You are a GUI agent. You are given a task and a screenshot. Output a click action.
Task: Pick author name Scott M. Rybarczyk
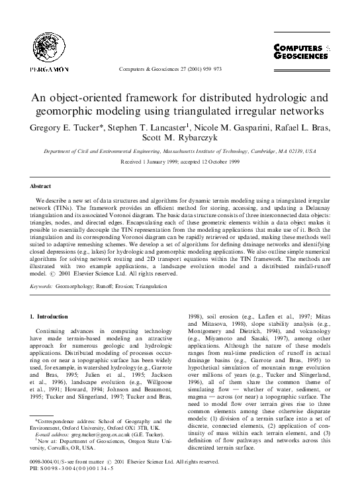click(180, 138)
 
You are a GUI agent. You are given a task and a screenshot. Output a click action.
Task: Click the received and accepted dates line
click(179, 162)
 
